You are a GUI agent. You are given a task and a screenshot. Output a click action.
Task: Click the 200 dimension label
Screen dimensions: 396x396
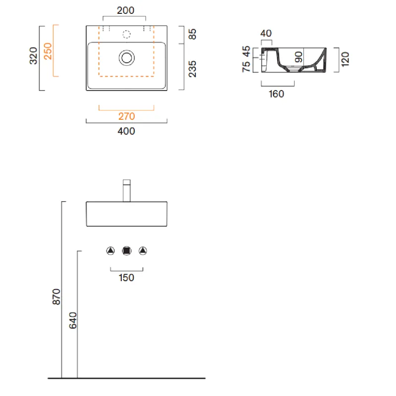126,10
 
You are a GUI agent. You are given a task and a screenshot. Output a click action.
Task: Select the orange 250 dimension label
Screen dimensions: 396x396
48,51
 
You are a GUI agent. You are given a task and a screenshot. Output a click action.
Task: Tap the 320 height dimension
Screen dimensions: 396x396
33,56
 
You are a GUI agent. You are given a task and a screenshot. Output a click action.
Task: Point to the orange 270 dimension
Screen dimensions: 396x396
127,116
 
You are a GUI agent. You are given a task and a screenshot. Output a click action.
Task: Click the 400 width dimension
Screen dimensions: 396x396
126,131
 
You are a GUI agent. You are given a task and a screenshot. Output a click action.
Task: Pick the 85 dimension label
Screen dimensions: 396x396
193,34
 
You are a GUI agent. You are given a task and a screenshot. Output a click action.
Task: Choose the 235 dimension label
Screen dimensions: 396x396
193,69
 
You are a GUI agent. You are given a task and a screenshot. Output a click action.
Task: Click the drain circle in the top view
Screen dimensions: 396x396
127,58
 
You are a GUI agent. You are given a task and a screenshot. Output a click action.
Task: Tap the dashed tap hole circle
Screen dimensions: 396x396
127,34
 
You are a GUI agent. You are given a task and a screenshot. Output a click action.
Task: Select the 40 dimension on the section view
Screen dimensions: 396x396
266,33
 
